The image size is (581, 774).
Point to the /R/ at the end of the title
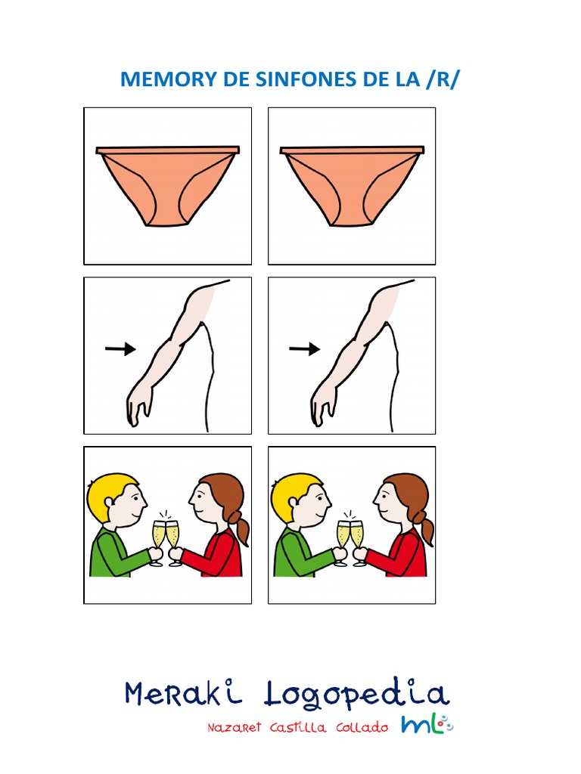tap(443, 79)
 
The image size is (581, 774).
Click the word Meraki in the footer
tap(183, 692)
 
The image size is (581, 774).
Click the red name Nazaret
tap(234, 728)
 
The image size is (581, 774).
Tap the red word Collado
tap(362, 728)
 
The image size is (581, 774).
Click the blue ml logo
tap(427, 724)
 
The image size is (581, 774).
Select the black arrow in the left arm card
tap(120, 349)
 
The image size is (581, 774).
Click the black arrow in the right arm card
tap(304, 349)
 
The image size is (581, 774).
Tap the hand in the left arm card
tap(139, 406)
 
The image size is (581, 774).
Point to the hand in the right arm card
tap(323, 406)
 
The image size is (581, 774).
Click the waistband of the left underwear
tap(168, 150)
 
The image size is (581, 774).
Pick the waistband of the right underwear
tap(353, 150)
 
